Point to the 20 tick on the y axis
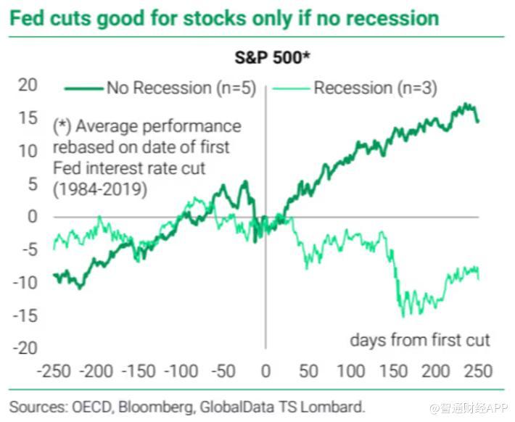tap(27, 86)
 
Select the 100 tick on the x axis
tap(351, 372)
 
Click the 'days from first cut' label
tap(420, 339)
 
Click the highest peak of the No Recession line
tap(467, 105)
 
